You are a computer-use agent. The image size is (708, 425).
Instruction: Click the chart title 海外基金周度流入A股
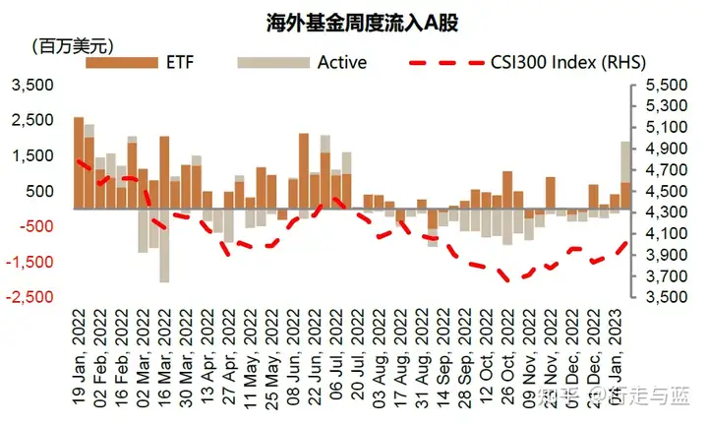click(353, 22)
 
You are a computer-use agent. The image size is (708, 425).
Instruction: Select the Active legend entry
click(341, 63)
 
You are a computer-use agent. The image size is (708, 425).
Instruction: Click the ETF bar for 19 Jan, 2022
click(79, 162)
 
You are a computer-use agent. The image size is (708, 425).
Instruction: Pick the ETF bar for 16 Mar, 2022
click(164, 172)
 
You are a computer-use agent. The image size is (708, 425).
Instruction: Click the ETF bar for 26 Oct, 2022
click(507, 190)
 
